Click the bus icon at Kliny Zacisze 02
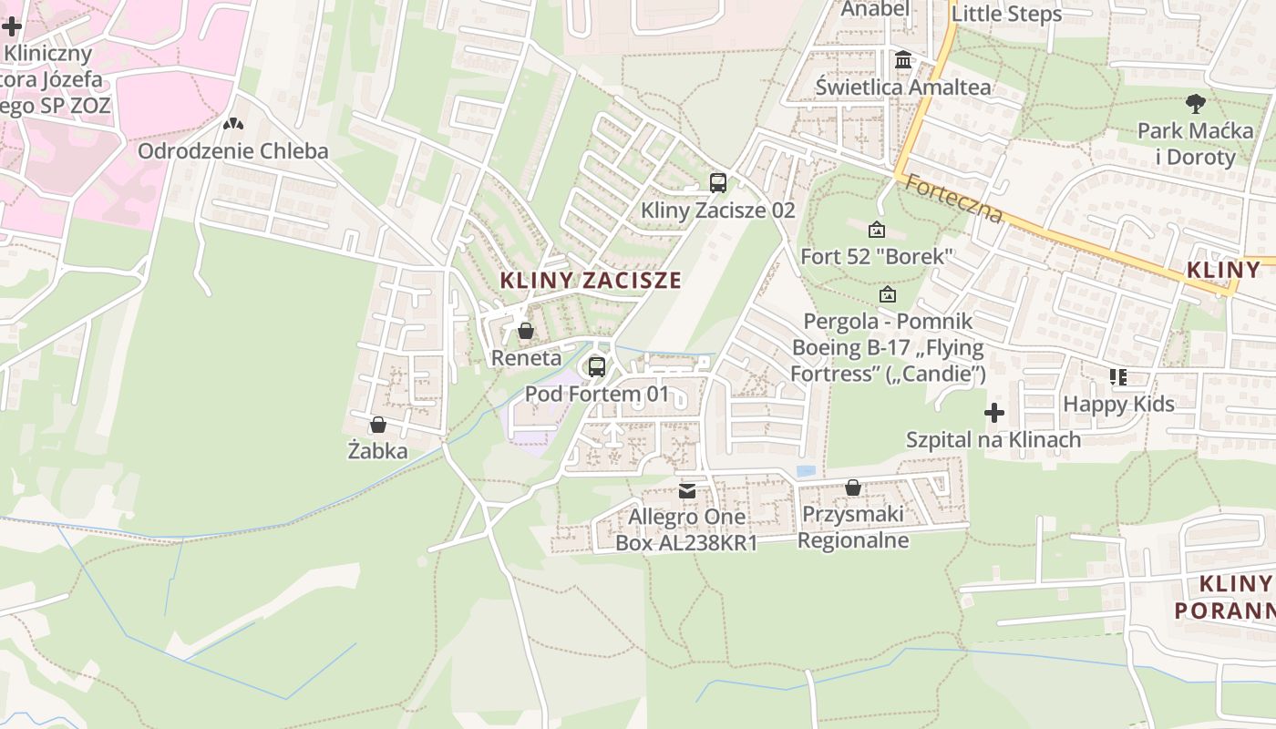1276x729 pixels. [x=718, y=182]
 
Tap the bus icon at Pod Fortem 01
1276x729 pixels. [x=597, y=367]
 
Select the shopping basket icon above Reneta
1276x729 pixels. [x=526, y=331]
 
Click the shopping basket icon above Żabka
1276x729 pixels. [x=378, y=425]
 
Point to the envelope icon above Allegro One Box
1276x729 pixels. [x=687, y=491]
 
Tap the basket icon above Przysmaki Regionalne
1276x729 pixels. [x=853, y=488]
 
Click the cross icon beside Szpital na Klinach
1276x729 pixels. [x=994, y=414]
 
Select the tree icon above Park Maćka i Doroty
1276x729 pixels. [x=1195, y=104]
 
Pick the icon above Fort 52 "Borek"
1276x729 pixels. [x=877, y=230]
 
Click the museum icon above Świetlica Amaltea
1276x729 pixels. [x=903, y=60]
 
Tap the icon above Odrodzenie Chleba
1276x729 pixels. [x=233, y=124]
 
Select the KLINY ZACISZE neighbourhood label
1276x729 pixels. [x=591, y=281]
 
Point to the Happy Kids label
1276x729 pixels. [x=1119, y=404]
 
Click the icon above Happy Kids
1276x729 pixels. [x=1118, y=376]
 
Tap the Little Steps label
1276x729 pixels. [x=1006, y=15]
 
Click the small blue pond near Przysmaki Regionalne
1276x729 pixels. [x=806, y=471]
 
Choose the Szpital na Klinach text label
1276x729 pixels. [x=993, y=440]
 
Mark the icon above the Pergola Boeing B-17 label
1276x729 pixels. [x=888, y=294]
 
